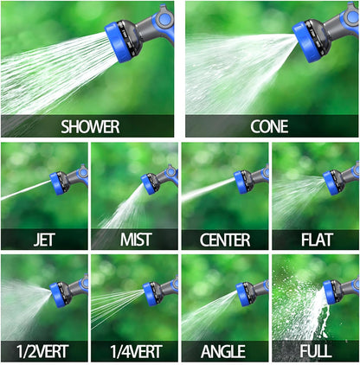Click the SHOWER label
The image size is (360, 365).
(x=90, y=126)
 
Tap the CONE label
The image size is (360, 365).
(x=269, y=126)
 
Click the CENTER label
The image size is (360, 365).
(x=224, y=240)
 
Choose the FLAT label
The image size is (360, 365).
(x=315, y=240)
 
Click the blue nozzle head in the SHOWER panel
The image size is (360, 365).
(x=117, y=38)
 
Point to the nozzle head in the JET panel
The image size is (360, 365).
(x=58, y=182)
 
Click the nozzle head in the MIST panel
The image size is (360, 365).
(x=151, y=182)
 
